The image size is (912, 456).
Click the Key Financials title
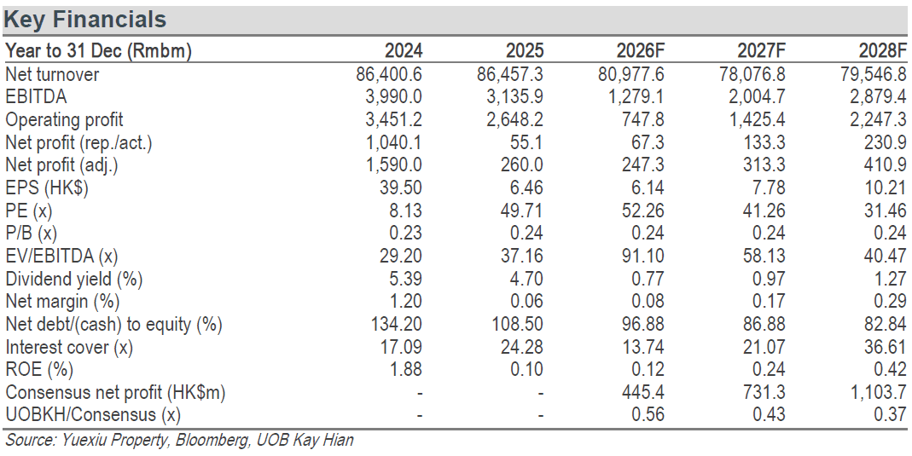[85, 19]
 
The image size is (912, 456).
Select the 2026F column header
[640, 51]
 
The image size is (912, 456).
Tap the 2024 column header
[403, 51]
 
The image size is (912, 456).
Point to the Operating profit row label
[64, 119]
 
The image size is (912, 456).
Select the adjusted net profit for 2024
[394, 165]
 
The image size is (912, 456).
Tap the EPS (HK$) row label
[47, 188]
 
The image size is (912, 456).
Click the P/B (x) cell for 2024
[405, 233]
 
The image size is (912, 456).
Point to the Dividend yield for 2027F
[769, 279]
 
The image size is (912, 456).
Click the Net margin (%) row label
[62, 302]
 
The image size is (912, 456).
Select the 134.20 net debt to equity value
[397, 324]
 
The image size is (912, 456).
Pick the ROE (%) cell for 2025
[526, 369]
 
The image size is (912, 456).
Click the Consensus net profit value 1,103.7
[880, 393]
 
